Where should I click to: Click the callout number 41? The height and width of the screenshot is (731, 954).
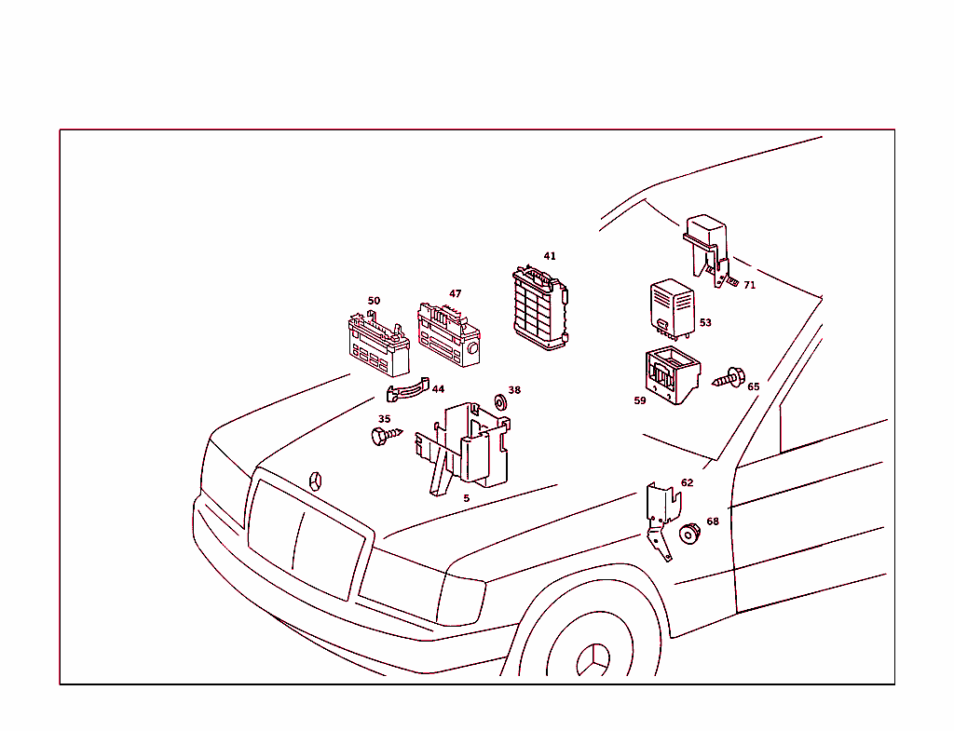550,256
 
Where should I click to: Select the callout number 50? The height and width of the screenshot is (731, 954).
374,301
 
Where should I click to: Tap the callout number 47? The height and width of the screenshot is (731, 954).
456,293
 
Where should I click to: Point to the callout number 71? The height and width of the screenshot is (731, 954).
749,285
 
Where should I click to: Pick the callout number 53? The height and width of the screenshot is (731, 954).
705,323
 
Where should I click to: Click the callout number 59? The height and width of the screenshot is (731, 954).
640,400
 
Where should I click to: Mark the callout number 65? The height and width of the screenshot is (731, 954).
753,386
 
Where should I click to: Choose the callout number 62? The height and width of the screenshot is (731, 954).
687,483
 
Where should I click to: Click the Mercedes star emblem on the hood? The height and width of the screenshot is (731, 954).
317,481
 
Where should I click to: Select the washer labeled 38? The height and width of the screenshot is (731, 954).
499,401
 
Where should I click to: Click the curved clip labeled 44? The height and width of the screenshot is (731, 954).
407,390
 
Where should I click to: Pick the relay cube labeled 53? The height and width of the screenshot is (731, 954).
672,306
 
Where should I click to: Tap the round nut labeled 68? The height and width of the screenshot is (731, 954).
689,535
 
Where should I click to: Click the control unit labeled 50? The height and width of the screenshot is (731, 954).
377,345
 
